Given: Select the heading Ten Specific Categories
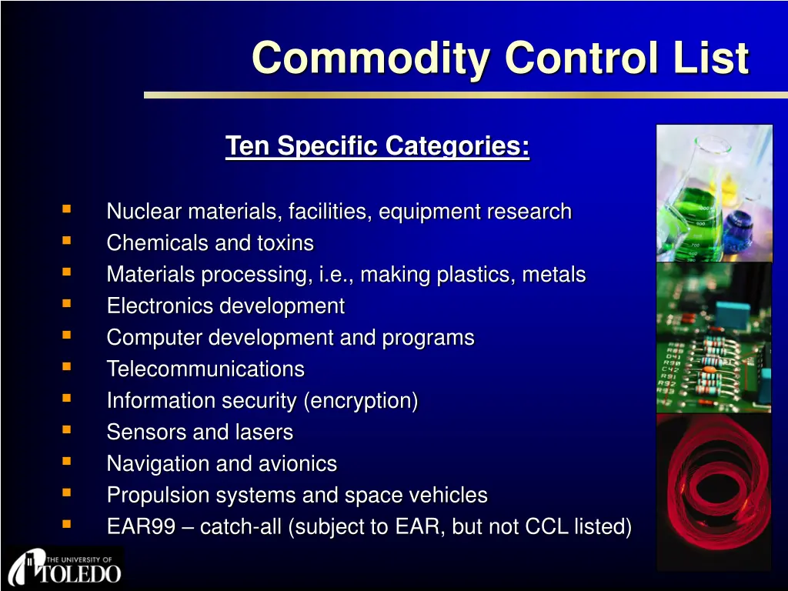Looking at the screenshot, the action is tap(377, 147).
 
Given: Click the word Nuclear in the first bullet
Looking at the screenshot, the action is tap(144, 211).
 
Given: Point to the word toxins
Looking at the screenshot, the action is tap(285, 243).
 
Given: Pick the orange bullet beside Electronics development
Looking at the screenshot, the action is tap(66, 303).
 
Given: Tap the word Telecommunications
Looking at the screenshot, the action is tap(205, 369).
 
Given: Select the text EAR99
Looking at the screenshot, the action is tap(142, 526).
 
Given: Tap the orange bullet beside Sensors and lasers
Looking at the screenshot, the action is tap(66, 429).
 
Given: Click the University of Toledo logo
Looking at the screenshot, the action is tap(65, 567).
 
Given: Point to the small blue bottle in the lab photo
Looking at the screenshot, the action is tap(737, 230).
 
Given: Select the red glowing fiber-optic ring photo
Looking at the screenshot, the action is tap(714, 492).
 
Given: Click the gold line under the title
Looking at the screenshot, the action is tap(466, 95).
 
